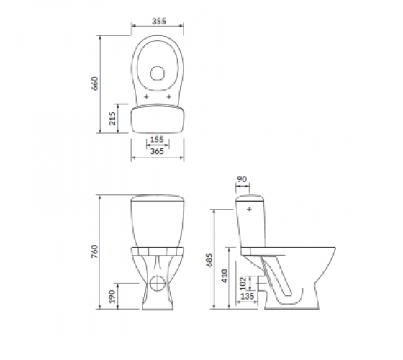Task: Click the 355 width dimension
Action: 159,21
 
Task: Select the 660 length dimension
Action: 95,84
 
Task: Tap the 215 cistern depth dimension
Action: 112,118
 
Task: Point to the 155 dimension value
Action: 157,140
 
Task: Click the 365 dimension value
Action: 157,151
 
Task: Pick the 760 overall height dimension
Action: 95,252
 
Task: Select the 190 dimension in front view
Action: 112,297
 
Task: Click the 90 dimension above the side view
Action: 242,179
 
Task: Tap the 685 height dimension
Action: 209,260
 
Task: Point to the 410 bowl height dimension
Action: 225,276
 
